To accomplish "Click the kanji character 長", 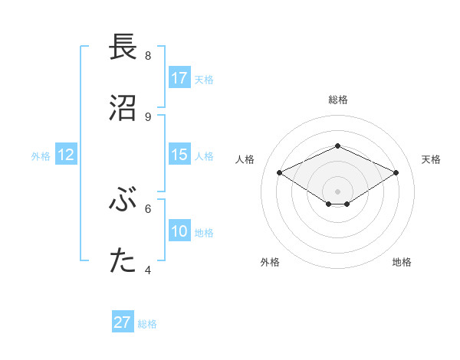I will tap(123, 47).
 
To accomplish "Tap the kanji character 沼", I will tap(123, 108).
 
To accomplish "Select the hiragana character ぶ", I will tap(123, 200).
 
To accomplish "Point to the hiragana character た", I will tap(123, 261).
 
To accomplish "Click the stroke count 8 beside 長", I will tap(148, 56).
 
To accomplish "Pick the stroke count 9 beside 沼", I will tap(148, 116).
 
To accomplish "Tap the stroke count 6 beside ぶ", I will tap(148, 208).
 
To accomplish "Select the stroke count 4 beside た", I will tap(148, 270).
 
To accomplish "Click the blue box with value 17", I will tap(179, 78).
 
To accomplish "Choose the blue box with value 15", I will tap(179, 155).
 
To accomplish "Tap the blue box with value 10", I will tap(179, 231).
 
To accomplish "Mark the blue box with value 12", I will tap(66, 155).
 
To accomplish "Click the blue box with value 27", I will tap(123, 322).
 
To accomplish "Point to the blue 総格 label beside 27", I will tap(147, 324).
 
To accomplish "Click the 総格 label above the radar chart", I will tap(337, 100).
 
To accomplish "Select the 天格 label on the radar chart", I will tap(431, 159).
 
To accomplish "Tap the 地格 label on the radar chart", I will tap(402, 262).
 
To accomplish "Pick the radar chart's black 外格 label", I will tap(270, 262).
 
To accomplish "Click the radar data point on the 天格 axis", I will tap(396, 172).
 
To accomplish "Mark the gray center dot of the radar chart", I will tap(337, 191).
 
